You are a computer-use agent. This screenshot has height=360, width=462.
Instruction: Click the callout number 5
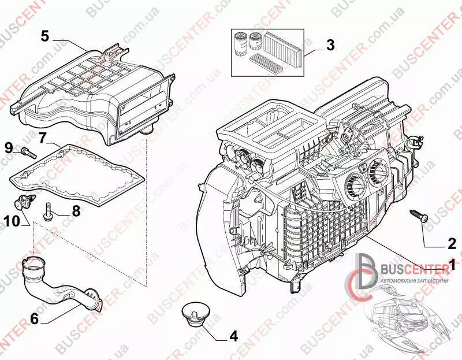click(x=44, y=36)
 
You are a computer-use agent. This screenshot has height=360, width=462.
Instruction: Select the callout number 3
click(x=330, y=44)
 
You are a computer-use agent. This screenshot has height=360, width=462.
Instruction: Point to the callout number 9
click(x=9, y=147)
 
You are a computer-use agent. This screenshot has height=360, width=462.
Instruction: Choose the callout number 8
click(x=75, y=211)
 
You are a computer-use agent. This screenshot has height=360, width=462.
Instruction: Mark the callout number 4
click(x=233, y=335)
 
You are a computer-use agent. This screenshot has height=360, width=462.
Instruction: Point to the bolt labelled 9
click(x=28, y=153)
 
